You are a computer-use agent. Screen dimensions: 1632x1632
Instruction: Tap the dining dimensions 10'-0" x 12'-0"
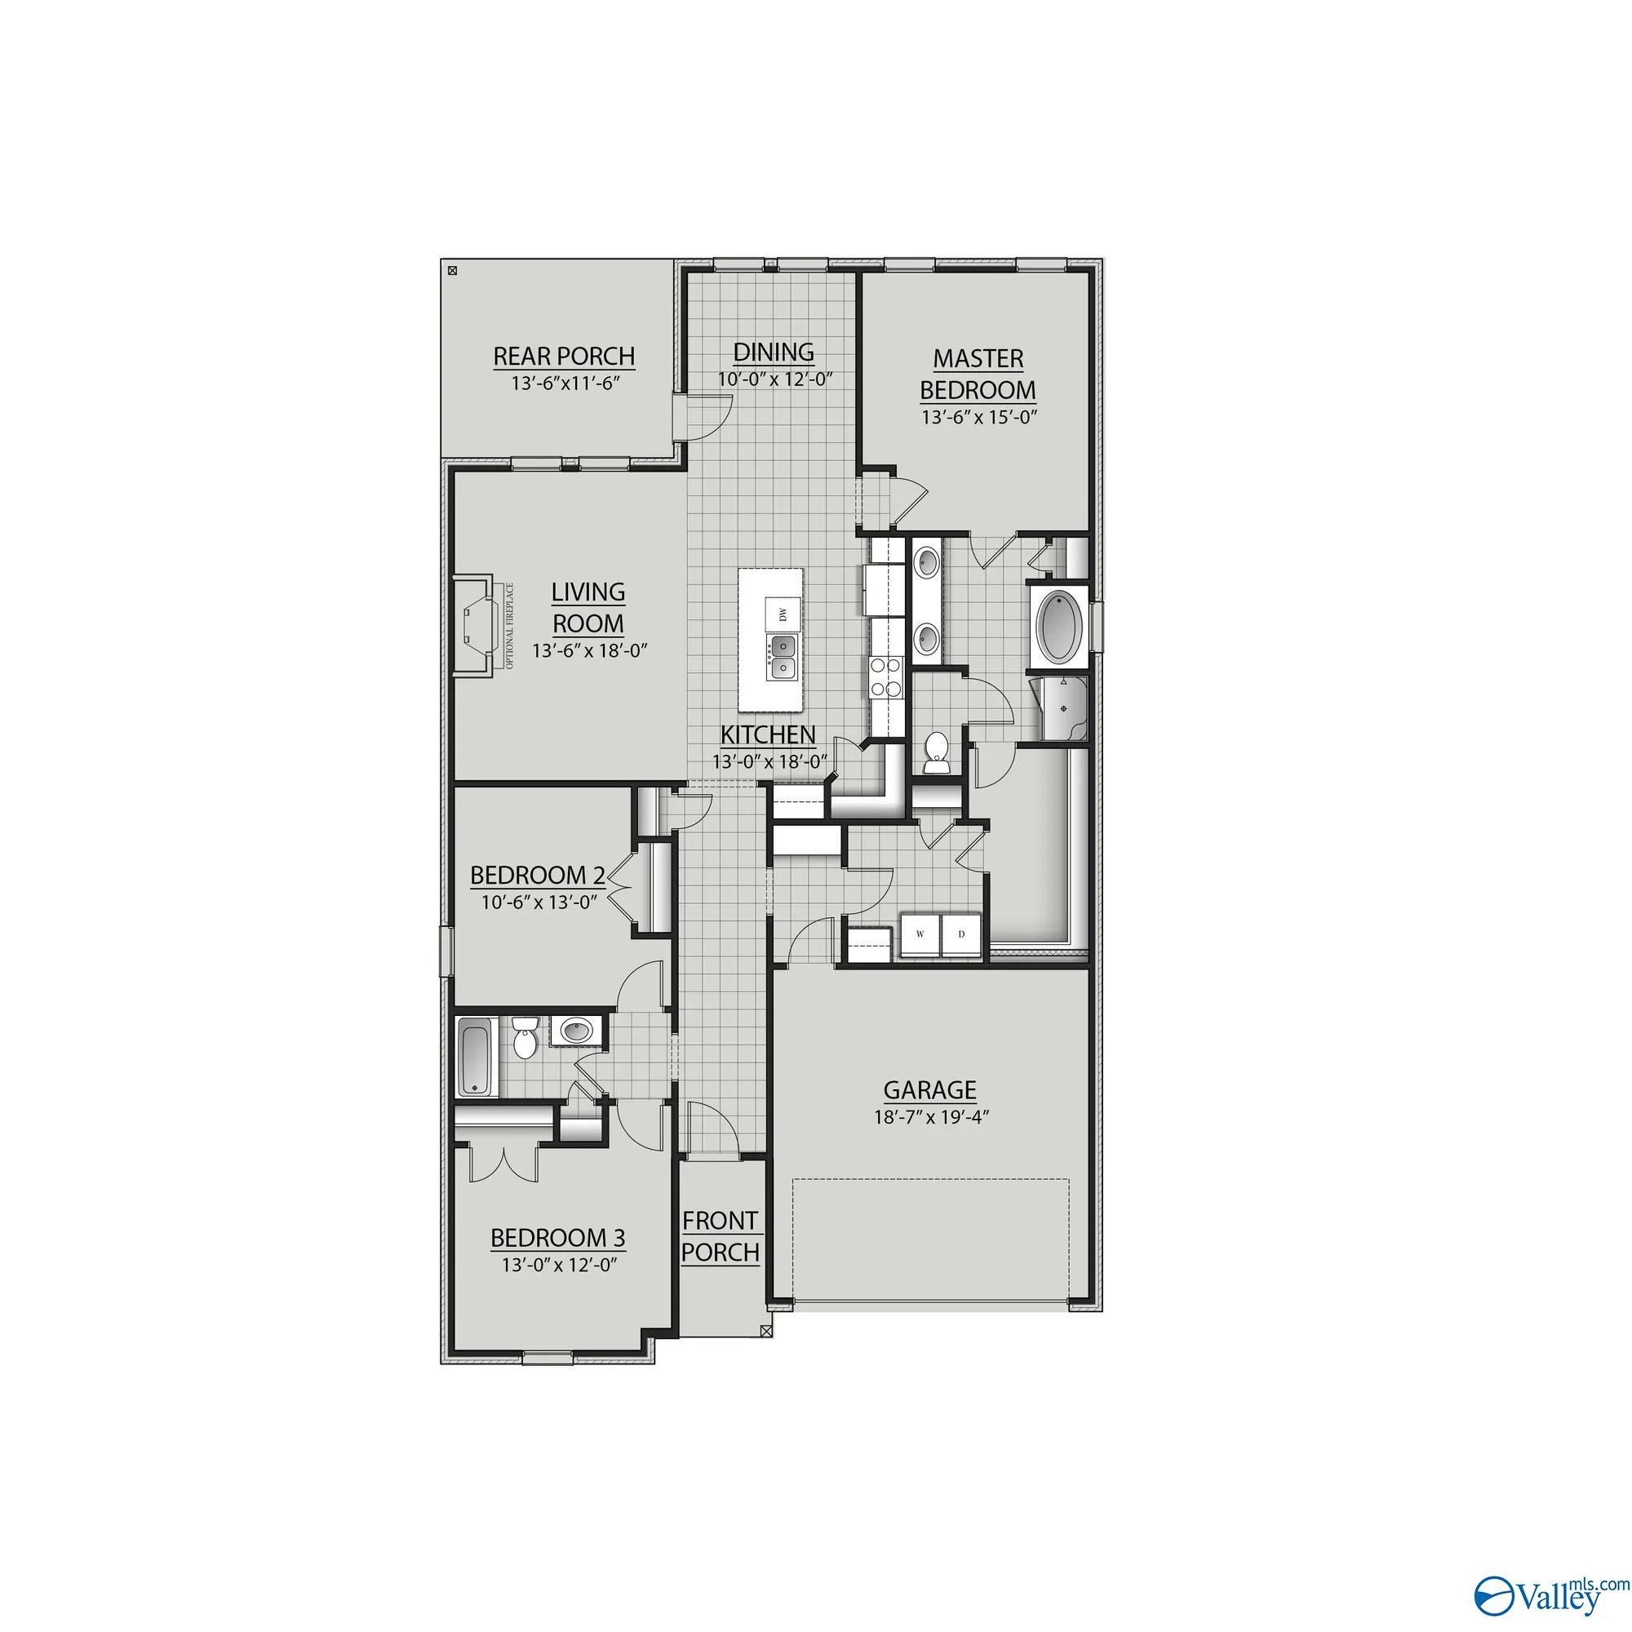775,379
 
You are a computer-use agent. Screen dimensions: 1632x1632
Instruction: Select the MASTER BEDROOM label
978,375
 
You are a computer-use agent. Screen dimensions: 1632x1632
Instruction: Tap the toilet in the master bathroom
937,752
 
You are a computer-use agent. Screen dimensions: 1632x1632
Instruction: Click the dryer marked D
961,934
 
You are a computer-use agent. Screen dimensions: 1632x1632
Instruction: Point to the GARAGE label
930,1089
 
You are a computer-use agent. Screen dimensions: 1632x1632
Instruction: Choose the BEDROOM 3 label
557,1238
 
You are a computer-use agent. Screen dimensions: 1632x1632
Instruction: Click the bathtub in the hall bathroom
476,1056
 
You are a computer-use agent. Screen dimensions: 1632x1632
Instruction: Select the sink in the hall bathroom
577,1031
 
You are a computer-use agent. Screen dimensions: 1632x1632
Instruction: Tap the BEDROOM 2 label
537,874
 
